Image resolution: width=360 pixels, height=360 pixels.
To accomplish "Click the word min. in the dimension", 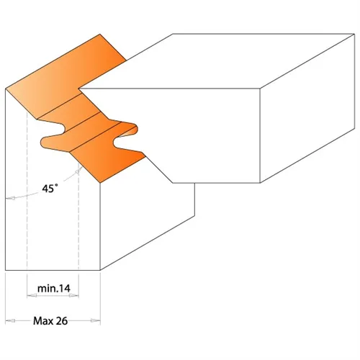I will (x=47, y=288).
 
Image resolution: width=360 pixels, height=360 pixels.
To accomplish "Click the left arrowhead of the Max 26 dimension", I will (x=8, y=320).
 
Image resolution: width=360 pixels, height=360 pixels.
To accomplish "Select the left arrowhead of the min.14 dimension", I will (x=30, y=296).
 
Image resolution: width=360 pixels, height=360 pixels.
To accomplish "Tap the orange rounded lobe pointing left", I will (x=49, y=138).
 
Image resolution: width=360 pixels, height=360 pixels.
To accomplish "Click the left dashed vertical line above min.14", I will (x=27, y=216).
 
